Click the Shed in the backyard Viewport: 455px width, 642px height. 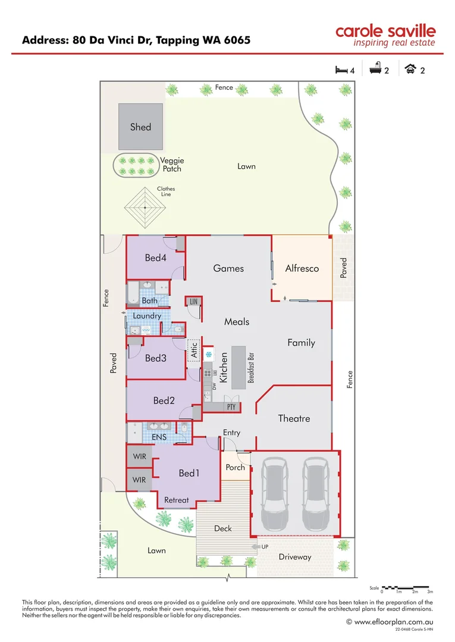140,127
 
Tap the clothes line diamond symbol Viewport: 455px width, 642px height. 145,207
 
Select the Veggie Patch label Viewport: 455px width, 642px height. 172,165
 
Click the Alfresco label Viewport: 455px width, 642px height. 302,268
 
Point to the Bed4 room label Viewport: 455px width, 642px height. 156,258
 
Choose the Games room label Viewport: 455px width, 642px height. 228,268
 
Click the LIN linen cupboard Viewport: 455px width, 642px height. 193,302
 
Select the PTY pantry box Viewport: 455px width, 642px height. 231,407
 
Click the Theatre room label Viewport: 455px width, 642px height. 294,418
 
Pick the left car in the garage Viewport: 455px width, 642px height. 274,493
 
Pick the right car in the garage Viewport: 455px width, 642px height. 315,493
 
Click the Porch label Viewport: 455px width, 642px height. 236,467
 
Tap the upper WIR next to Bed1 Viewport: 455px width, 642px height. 139,458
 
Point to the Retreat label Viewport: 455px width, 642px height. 177,500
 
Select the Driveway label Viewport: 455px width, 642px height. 295,557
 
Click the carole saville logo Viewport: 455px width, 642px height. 385,35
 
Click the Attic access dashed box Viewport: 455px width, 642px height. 194,348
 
